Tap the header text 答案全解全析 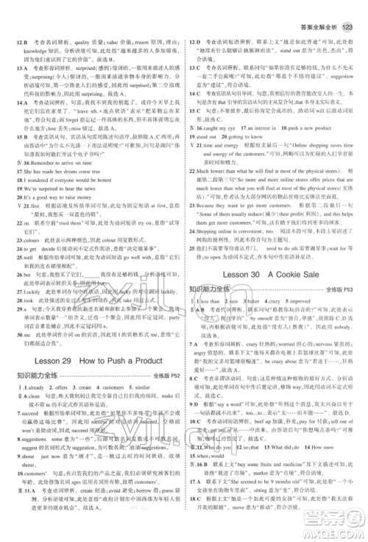[319, 8]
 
